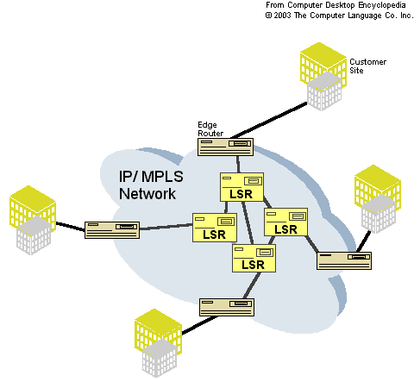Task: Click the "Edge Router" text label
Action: click(210, 129)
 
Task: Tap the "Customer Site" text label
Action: click(367, 66)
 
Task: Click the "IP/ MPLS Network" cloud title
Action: click(151, 185)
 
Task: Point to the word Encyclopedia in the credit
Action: click(382, 5)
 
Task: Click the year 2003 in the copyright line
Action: click(283, 16)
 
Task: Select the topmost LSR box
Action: click(241, 187)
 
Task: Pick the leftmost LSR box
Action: click(215, 228)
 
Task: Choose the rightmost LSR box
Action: click(285, 222)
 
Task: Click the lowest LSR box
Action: click(254, 258)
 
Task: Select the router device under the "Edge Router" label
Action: click(225, 147)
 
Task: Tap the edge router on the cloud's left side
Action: click(112, 230)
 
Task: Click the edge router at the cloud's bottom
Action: click(227, 307)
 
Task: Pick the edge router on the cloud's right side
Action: click(344, 260)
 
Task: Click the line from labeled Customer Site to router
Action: click(269, 121)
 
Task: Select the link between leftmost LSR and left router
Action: click(166, 227)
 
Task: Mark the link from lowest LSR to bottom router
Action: click(252, 285)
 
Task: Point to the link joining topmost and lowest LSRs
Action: click(248, 222)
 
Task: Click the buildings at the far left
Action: click(33, 220)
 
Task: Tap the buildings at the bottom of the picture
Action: click(158, 343)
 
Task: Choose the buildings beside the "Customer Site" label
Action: click(323, 77)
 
